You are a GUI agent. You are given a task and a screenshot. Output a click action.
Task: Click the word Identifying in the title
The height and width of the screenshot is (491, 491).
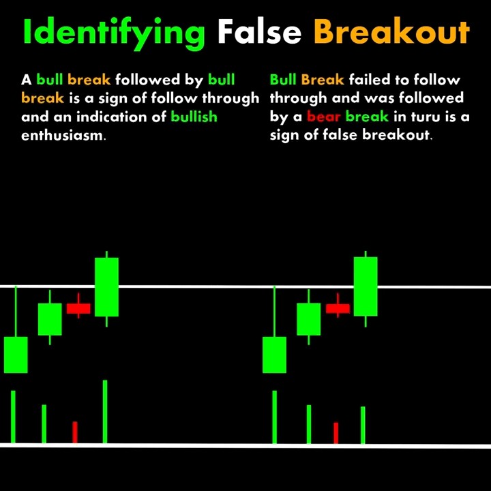tap(113, 31)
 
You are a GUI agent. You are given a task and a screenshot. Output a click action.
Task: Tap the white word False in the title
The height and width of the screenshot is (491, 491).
tap(259, 31)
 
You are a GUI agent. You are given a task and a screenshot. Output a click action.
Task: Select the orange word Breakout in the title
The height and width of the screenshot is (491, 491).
tap(391, 31)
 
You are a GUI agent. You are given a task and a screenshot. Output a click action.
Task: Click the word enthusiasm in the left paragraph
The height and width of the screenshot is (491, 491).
tap(63, 135)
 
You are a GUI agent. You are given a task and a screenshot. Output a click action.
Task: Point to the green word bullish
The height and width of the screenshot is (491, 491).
tap(194, 117)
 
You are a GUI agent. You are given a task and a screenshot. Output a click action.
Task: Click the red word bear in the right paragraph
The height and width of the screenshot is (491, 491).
tap(324, 117)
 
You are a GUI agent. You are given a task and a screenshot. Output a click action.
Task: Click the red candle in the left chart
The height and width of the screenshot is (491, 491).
tap(78, 308)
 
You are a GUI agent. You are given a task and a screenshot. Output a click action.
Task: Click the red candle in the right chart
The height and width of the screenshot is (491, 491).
tap(338, 308)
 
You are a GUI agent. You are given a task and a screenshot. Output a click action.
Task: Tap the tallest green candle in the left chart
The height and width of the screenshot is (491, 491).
tap(106, 286)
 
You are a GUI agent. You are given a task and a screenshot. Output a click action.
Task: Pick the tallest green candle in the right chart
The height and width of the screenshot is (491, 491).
tap(366, 286)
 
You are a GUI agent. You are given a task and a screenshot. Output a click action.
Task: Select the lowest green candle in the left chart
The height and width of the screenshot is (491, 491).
tap(16, 355)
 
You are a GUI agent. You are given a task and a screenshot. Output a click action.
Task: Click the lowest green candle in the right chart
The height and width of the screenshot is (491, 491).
tap(275, 355)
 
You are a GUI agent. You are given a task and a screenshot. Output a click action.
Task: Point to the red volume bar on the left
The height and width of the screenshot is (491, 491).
tap(75, 432)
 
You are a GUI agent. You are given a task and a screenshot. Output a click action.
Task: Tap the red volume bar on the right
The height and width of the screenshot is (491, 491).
tap(336, 433)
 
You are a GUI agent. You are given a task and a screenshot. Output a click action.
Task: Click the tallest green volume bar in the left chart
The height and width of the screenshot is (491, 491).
tap(105, 412)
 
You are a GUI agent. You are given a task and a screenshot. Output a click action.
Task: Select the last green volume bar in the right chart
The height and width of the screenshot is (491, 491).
tap(363, 425)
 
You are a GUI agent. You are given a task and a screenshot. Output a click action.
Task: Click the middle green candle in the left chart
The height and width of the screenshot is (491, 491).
tap(50, 319)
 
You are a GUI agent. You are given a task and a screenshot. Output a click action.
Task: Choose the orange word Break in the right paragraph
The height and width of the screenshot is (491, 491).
tap(323, 80)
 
